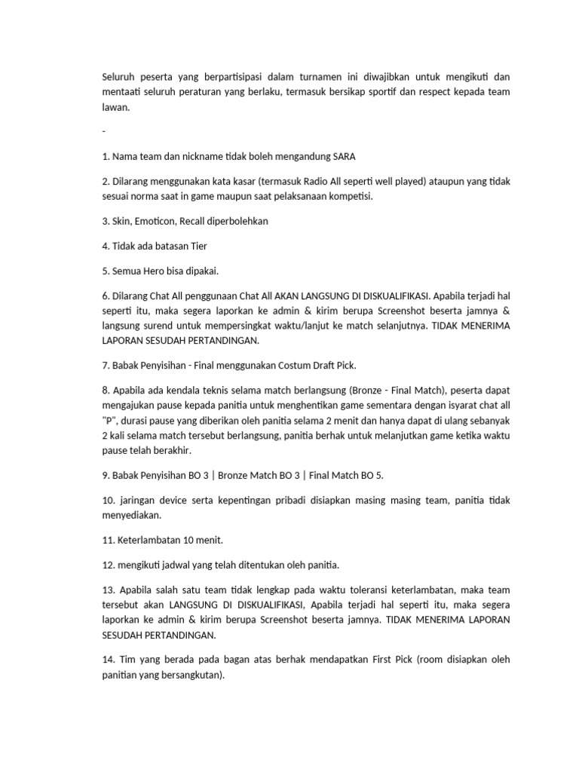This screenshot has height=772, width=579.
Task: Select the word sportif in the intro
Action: point(386,93)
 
